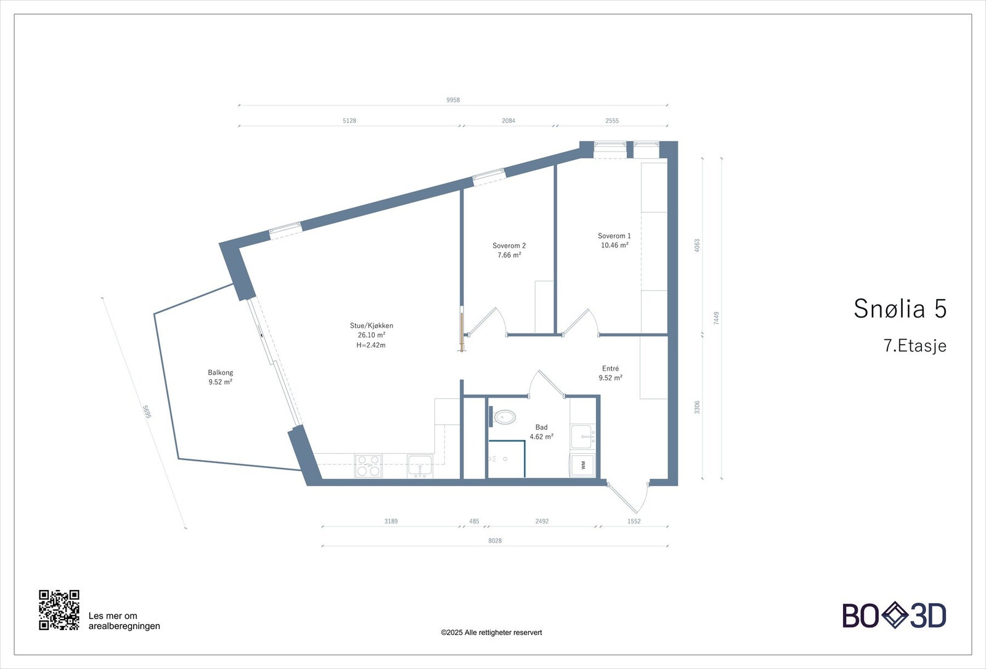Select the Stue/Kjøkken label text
tap(371, 326)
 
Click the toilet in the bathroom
tap(505, 417)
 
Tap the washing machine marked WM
tap(582, 465)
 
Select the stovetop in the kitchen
tap(368, 466)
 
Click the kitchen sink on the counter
tap(420, 466)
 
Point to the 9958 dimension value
tap(453, 100)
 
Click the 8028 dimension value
tap(495, 541)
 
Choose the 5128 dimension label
tap(349, 121)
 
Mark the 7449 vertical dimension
tap(716, 318)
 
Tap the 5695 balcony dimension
tap(147, 412)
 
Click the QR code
tap(59, 610)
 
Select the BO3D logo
tap(894, 615)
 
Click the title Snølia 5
tap(899, 308)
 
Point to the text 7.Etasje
tap(915, 346)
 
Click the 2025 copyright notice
tap(491, 633)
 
